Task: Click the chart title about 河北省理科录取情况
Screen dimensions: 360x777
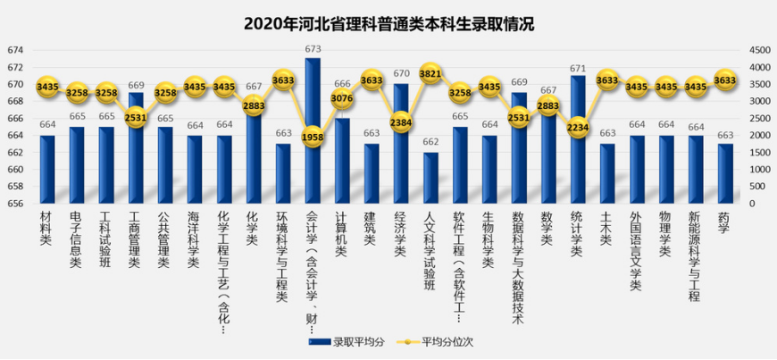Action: pos(388,24)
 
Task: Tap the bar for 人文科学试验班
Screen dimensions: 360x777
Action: pos(430,179)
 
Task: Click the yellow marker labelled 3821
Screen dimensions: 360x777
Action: pos(430,74)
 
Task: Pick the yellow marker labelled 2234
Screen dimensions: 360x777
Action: pos(578,128)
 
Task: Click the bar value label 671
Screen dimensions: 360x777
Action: pos(578,68)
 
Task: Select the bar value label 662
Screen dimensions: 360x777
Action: pos(430,142)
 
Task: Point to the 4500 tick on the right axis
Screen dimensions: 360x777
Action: pos(757,50)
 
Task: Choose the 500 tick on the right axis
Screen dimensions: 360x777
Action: pos(756,187)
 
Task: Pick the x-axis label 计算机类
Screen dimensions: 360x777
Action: pos(341,234)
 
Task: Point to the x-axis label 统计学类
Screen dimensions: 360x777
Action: pos(577,234)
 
